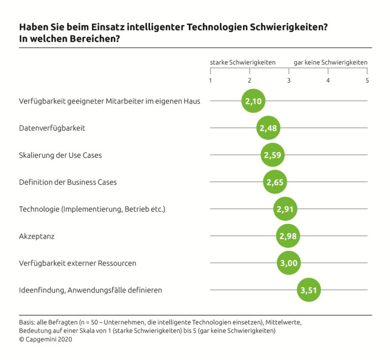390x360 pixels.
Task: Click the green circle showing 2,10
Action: pos(253,101)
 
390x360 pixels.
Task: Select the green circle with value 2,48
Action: pos(268,128)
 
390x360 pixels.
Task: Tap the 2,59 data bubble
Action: pos(273,155)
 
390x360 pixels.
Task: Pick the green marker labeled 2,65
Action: pos(275,182)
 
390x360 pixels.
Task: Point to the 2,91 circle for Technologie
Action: pos(285,209)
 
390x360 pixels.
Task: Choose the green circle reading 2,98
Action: pos(288,236)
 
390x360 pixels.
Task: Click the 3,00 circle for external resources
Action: pos(289,263)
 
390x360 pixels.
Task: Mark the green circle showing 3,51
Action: pos(309,290)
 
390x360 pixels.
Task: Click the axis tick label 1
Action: pos(211,80)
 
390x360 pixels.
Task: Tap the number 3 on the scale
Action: pos(289,80)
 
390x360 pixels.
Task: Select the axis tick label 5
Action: pos(367,80)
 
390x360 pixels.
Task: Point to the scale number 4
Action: pos(328,80)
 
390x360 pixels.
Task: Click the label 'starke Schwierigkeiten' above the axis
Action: pos(243,62)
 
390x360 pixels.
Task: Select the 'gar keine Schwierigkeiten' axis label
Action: pos(331,62)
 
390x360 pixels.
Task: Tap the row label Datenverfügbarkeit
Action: pos(52,128)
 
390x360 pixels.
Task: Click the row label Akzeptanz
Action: pos(37,236)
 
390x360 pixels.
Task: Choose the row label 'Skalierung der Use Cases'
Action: pos(60,155)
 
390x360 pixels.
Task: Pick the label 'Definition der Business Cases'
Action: pos(68,182)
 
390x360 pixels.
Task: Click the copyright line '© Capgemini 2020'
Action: pos(45,340)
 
